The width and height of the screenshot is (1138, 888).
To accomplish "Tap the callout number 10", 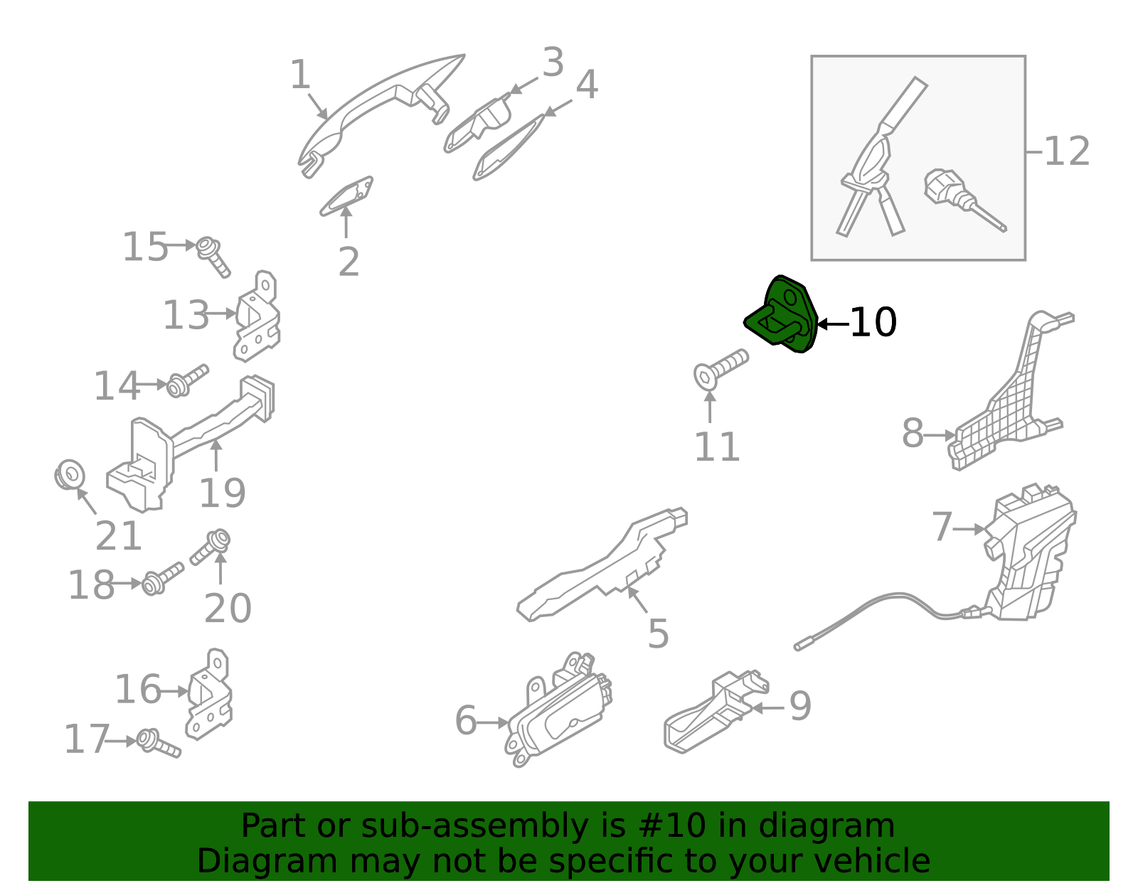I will pos(873,323).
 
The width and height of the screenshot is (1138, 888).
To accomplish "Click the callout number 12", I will pos(1066,152).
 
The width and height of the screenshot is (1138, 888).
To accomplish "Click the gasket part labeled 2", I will pos(347,196).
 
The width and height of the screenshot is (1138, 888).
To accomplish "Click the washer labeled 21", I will pos(70,475).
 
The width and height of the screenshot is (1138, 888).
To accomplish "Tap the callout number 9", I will pos(800,706).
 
